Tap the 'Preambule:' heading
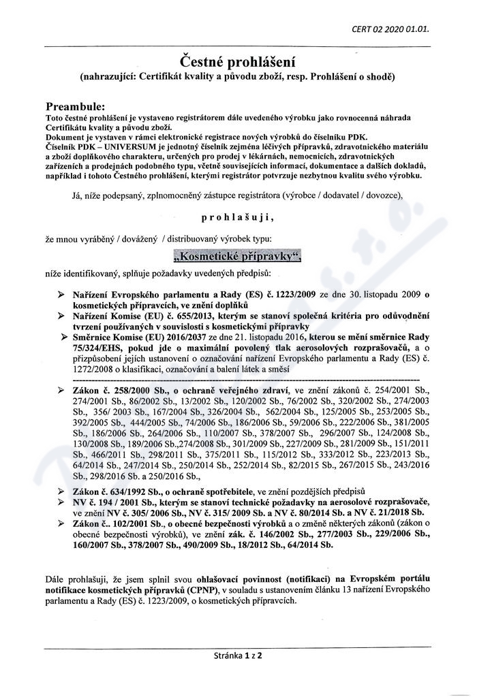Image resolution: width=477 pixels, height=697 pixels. click(75, 107)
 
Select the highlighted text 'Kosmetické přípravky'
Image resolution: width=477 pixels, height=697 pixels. click(237, 257)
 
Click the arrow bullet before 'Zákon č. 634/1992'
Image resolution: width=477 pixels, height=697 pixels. click(63, 491)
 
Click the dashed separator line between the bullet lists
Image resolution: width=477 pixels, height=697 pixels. click(245, 378)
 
